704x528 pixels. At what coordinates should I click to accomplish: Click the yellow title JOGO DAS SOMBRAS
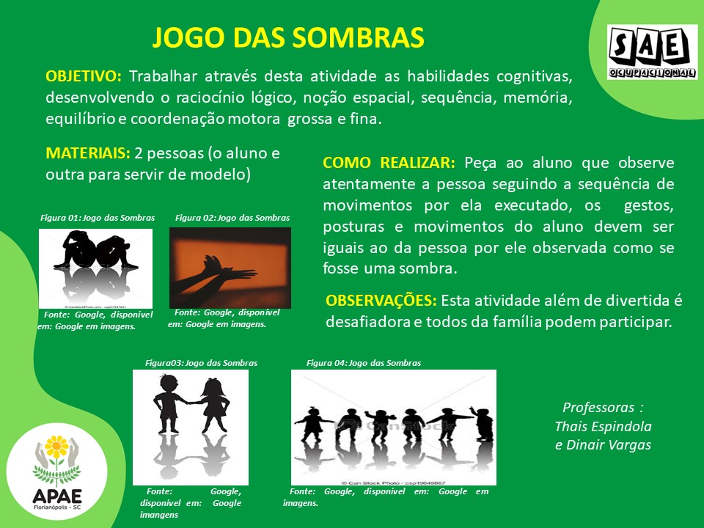coord(288,37)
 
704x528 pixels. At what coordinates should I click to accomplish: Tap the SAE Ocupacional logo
coord(653,52)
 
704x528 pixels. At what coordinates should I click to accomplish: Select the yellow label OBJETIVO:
coord(84,76)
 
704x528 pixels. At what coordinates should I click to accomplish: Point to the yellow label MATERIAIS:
coord(88,153)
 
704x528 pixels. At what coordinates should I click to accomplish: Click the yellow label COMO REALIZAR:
coord(389,163)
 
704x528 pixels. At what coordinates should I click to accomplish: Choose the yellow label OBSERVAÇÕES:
coord(381,301)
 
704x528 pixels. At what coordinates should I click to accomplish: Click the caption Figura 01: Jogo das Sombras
coord(98,218)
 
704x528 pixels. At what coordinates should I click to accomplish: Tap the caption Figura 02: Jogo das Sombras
coord(232,218)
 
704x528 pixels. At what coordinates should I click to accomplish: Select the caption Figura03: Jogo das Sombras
coord(201,363)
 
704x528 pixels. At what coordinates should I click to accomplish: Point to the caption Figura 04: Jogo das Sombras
coord(364,363)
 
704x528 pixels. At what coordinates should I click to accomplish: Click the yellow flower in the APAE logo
coord(56,447)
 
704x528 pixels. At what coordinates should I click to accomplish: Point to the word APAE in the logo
coord(57,496)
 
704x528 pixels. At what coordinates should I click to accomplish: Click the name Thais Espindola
coord(603,426)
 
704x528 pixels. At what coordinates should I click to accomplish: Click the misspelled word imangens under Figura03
coord(159,515)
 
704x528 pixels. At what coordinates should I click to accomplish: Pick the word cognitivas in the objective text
coord(535,76)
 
